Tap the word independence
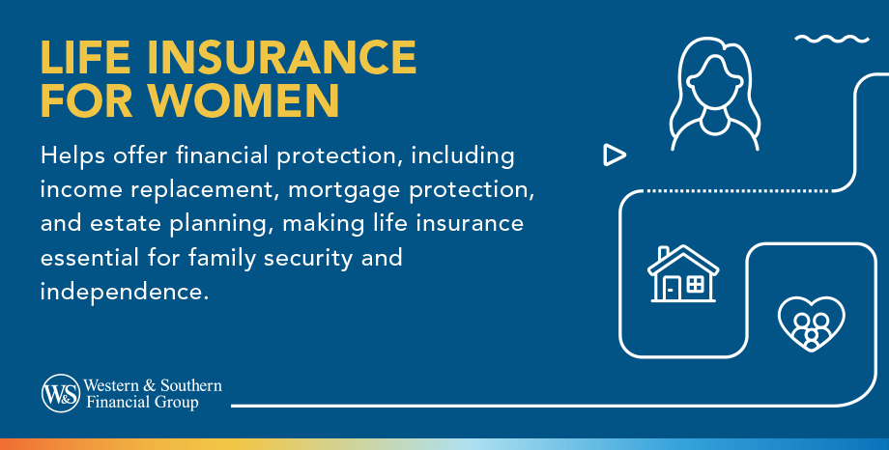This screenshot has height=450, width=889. point(125,292)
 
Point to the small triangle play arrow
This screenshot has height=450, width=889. point(614,154)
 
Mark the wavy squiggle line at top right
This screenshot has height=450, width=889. point(830,40)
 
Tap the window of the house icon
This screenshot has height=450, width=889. point(695,284)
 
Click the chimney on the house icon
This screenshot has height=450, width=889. point(664,254)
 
